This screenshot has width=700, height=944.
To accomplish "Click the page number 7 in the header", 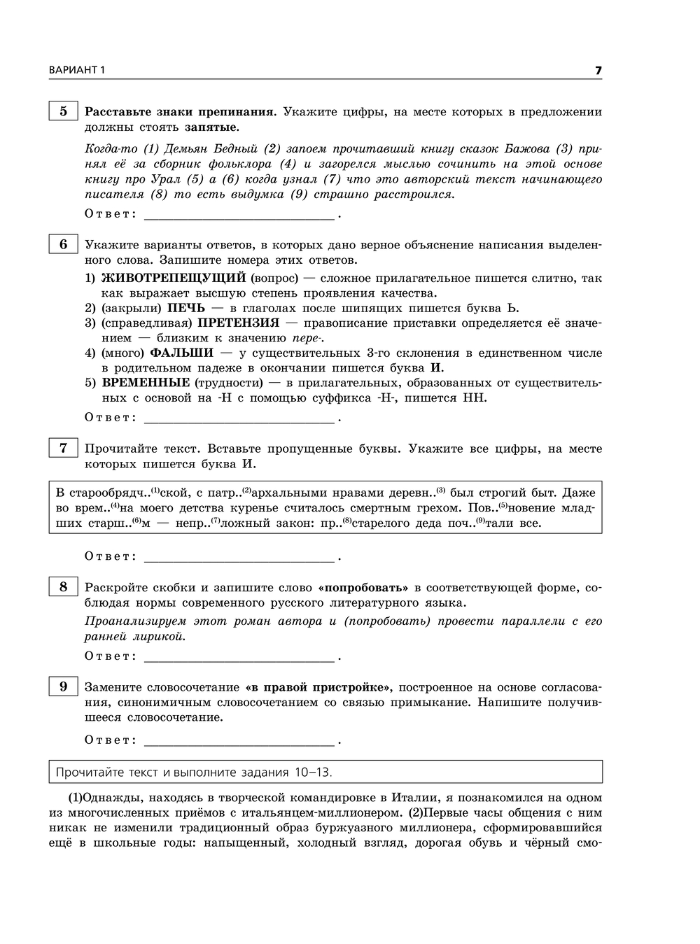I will coord(598,71).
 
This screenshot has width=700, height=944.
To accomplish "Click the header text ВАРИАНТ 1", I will coord(76,71).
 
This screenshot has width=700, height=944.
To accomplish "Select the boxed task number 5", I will coord(63,111).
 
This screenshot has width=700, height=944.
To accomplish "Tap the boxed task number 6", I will coord(63,244).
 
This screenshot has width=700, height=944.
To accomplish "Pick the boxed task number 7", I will coord(63,448).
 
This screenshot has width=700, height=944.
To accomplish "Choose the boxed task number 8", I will coord(63,586).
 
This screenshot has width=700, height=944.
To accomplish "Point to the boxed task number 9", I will coord(63,686).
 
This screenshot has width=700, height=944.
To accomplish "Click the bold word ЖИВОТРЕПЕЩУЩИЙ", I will coord(174,278).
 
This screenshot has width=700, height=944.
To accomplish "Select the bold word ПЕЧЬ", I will coord(183,308).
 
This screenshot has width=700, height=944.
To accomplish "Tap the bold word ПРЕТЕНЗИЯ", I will coord(238,323).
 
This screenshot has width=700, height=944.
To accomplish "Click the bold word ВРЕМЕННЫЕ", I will coord(146,383).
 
